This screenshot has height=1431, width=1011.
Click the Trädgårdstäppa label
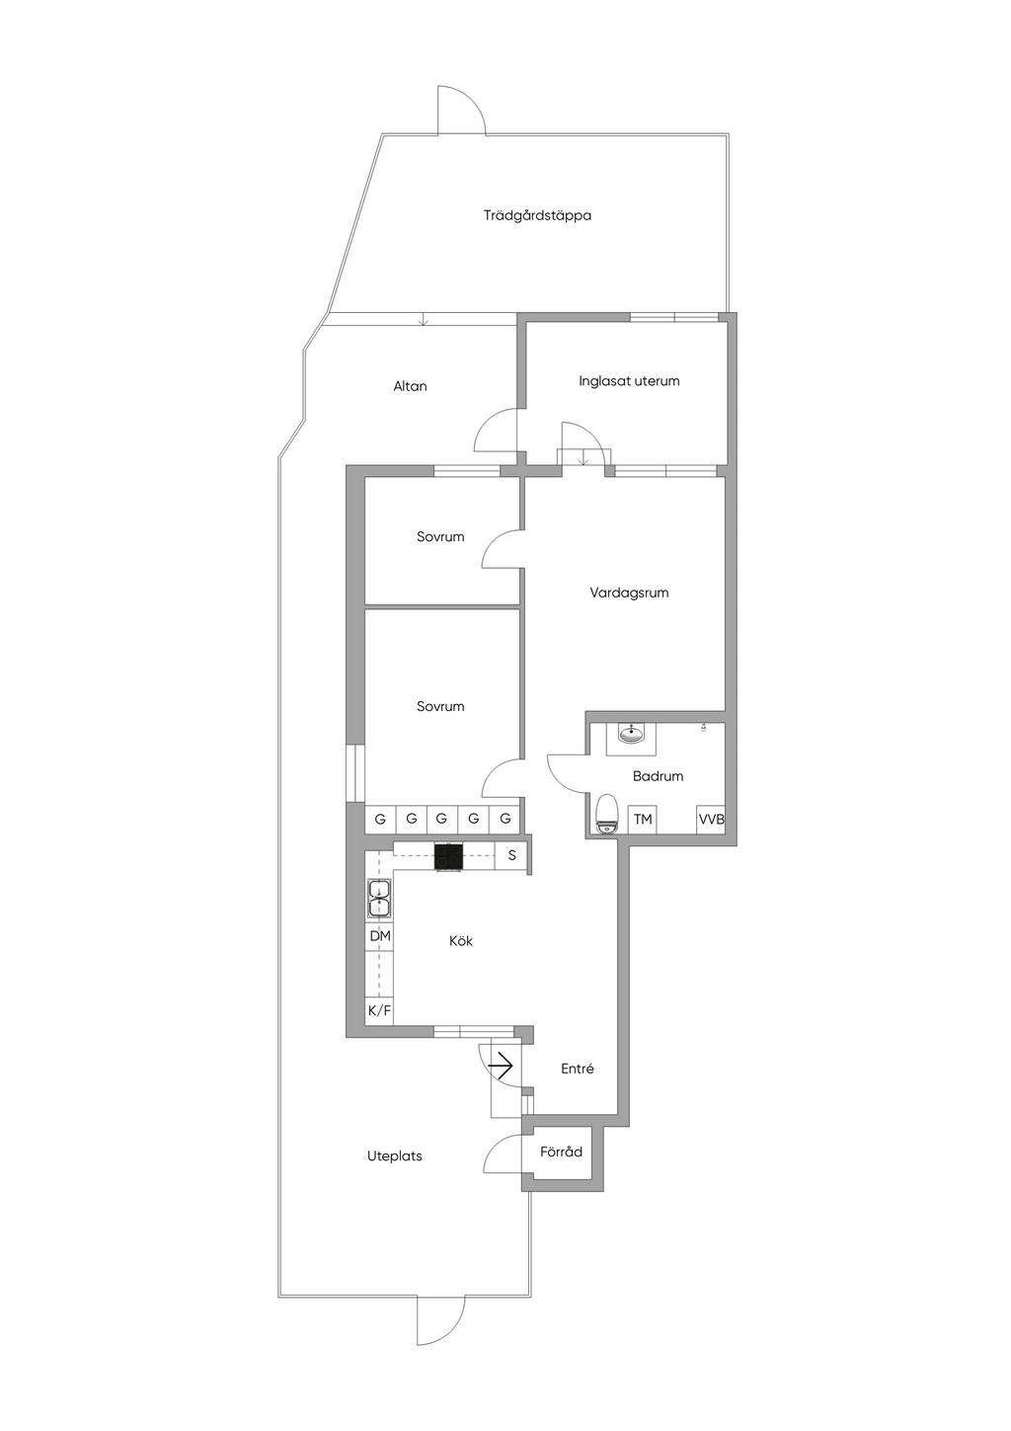point(537,216)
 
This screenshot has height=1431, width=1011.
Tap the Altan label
point(410,386)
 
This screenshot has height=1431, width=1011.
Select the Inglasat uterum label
point(629,381)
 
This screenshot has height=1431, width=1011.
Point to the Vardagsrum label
point(629,593)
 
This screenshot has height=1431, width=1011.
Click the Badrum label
point(658,776)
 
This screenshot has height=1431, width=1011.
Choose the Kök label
point(460,941)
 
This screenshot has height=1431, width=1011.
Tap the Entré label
point(578,1069)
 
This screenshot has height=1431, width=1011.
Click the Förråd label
point(561,1152)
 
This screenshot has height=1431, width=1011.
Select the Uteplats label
point(395,1155)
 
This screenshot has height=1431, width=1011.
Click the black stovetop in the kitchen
point(448,856)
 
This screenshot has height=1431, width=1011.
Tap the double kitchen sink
point(379,899)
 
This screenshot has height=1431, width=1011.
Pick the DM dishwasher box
point(379,936)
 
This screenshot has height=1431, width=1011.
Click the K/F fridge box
point(379,1010)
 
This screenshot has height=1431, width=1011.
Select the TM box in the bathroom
point(643,819)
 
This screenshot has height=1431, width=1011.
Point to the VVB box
point(711,819)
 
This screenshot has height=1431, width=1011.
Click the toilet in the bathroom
point(605,814)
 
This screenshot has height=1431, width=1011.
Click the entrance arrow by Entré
point(501,1066)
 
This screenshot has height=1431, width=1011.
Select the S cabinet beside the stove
point(510,855)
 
